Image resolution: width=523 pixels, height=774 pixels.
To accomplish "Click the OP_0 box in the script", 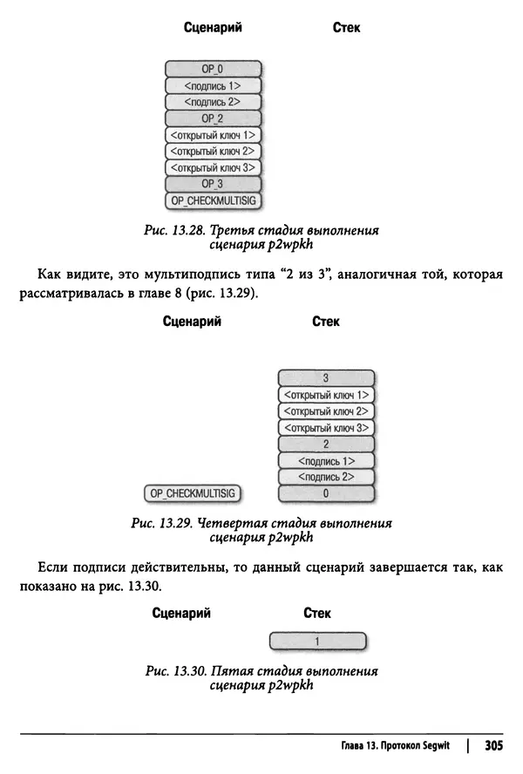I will pos(213,69).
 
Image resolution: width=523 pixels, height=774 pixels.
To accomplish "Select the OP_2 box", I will pos(213,118).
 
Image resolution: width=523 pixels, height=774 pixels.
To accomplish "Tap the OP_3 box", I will pos(213,184).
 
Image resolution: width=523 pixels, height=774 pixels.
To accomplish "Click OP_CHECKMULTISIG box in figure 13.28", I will pos(213,200).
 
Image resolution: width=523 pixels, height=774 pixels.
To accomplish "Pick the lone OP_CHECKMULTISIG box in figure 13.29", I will pos(193,493).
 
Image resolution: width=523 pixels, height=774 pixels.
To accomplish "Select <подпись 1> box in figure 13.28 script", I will pos(213,85).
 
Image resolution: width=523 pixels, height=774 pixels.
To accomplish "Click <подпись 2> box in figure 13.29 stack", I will pos(325,477).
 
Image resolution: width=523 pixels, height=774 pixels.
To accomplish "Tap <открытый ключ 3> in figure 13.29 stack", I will pos(325,427).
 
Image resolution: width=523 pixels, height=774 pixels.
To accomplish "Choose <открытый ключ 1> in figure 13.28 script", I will pos(213,135).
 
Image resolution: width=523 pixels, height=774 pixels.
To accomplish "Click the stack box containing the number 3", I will pos(325,377).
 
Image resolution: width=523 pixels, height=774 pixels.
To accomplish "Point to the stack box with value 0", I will pos(325,493).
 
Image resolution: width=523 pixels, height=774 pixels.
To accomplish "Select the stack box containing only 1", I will pos(318,642).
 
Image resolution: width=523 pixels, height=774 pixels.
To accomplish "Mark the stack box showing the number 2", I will pos(325,444).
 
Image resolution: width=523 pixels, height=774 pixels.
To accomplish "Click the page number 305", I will pos(494,746).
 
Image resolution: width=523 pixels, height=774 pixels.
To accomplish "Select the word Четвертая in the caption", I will pos(229,524).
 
